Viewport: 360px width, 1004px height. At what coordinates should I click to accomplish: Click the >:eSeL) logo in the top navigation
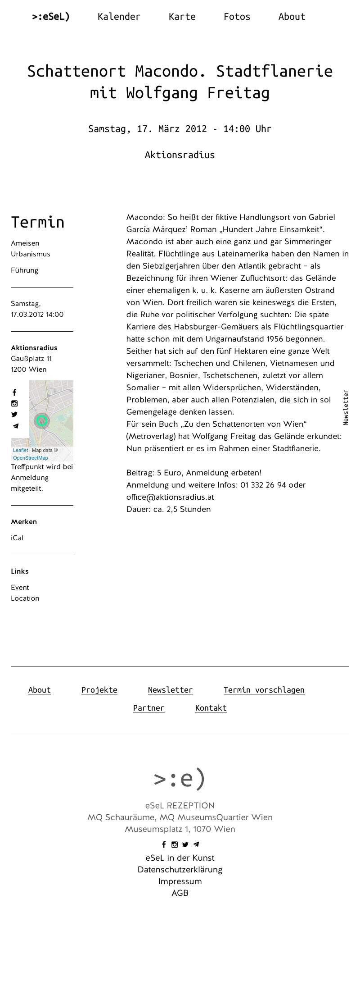tap(51, 17)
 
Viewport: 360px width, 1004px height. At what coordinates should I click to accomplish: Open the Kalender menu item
tap(119, 17)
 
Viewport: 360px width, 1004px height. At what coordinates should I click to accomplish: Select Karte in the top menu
tap(182, 17)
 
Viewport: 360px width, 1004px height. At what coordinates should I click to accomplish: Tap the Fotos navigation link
tap(237, 17)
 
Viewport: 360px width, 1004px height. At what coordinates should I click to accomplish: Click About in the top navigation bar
tap(292, 17)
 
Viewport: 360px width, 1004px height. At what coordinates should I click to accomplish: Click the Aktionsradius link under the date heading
tap(180, 155)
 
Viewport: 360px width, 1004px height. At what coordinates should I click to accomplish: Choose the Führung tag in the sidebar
tap(24, 270)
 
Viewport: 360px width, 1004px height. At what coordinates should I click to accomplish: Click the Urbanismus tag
tap(31, 254)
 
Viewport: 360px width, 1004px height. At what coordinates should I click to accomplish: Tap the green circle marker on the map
tap(42, 421)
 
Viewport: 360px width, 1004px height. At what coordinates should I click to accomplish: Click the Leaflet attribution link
tap(20, 450)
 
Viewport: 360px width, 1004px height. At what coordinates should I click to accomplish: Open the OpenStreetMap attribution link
tap(30, 458)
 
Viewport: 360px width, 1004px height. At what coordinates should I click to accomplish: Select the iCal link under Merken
tap(17, 538)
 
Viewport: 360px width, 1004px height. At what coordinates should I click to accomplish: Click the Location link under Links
tap(25, 598)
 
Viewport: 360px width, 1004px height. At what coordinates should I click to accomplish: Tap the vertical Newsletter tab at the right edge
tap(346, 407)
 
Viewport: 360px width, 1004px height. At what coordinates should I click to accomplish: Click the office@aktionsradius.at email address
tap(170, 497)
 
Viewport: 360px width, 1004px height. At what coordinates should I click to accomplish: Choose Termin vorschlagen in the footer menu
tap(264, 690)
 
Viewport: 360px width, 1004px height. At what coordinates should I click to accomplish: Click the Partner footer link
tap(148, 708)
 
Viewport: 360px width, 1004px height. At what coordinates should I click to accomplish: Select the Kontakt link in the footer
tap(211, 708)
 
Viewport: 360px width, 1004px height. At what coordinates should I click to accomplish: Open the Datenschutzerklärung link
tap(180, 870)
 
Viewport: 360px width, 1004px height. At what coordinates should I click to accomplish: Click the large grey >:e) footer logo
tap(180, 778)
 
